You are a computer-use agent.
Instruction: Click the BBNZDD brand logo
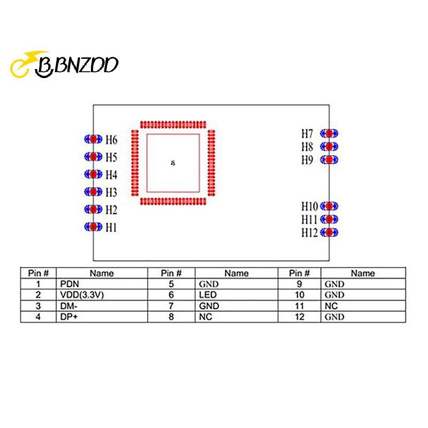pyautogui.click(x=64, y=64)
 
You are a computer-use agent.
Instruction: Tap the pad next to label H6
pyautogui.click(x=93, y=139)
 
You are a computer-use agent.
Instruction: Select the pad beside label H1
pyautogui.click(x=93, y=226)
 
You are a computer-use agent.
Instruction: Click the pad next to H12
pyautogui.click(x=329, y=232)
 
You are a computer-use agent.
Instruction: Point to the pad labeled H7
pyautogui.click(x=329, y=133)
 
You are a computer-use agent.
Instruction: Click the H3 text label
pyautogui.click(x=111, y=192)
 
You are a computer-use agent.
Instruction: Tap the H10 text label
pyautogui.click(x=310, y=207)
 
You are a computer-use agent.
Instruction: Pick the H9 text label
pyautogui.click(x=307, y=160)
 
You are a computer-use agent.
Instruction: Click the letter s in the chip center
pyautogui.click(x=173, y=163)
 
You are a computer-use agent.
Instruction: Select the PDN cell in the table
pyautogui.click(x=102, y=284)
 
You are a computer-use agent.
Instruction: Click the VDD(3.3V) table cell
pyautogui.click(x=102, y=295)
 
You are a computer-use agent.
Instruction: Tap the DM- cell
pyautogui.click(x=102, y=306)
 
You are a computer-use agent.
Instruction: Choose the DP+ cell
pyautogui.click(x=102, y=317)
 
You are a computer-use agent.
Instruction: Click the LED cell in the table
pyautogui.click(x=236, y=295)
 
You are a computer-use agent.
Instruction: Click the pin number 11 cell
pyautogui.click(x=300, y=306)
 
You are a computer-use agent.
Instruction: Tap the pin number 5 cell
pyautogui.click(x=171, y=284)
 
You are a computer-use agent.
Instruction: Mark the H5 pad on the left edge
pyautogui.click(x=93, y=157)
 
